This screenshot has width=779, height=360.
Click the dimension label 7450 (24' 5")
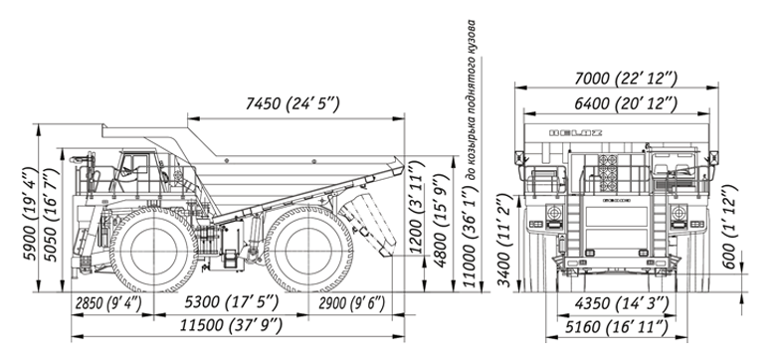[292, 104]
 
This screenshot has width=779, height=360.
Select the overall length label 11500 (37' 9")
[231, 326]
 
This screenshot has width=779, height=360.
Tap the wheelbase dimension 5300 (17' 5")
[232, 302]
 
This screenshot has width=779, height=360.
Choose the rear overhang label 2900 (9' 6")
[352, 303]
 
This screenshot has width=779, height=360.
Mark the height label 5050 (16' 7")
[51, 215]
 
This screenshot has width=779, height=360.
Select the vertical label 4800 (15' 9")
[441, 221]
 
